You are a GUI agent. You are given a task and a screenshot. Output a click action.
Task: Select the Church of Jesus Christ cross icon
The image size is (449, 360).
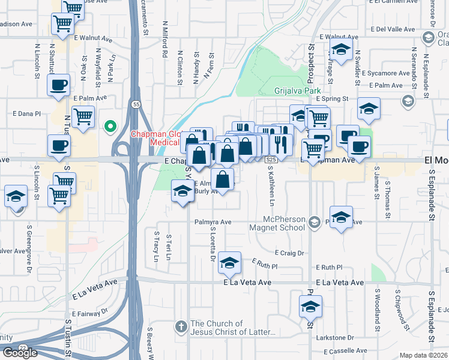tap(181, 327)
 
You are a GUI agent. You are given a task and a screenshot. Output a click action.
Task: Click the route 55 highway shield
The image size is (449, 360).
tap(137, 104)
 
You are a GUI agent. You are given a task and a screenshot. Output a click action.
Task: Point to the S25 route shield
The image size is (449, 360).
tap(271, 160)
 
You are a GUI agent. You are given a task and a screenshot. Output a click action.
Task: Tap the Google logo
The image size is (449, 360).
tap(20, 353)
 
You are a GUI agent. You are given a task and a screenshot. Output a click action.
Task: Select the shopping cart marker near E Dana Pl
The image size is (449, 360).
tap(83, 115)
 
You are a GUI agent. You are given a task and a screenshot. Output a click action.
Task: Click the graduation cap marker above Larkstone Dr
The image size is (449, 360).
tap(310, 306)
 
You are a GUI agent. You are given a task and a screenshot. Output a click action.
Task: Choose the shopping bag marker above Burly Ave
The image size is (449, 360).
tap(222, 178)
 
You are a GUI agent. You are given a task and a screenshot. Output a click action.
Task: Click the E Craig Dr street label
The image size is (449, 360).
tap(289, 253)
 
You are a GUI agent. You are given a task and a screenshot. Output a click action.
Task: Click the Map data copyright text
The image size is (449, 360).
tap(423, 355)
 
